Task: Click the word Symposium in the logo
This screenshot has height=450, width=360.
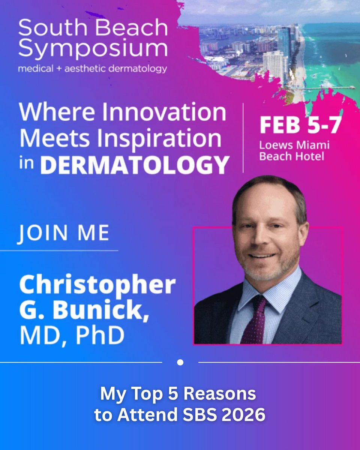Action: tap(93, 49)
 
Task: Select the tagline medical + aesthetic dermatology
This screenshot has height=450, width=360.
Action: tap(93, 68)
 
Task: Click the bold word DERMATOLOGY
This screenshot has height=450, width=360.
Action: tap(134, 165)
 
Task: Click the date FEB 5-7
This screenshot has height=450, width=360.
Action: tap(300, 126)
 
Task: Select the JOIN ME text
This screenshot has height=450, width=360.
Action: tap(64, 233)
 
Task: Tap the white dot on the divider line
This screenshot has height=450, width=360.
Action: tap(180, 362)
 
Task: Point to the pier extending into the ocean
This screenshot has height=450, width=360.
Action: tap(330, 88)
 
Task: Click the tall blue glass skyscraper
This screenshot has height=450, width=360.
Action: tap(284, 41)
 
